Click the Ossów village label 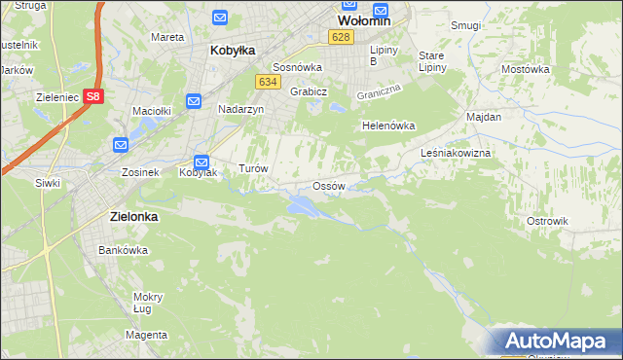328,186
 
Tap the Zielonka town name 128,218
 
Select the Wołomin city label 364,19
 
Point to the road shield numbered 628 339,37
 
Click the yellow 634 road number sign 269,83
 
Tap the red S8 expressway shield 92,96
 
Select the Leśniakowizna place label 456,154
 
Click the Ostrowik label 547,221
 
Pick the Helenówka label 388,126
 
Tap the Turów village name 253,168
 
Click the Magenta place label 146,335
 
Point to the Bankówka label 123,250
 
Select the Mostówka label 526,70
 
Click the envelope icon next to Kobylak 202,162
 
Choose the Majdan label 484,117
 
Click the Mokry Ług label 148,303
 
